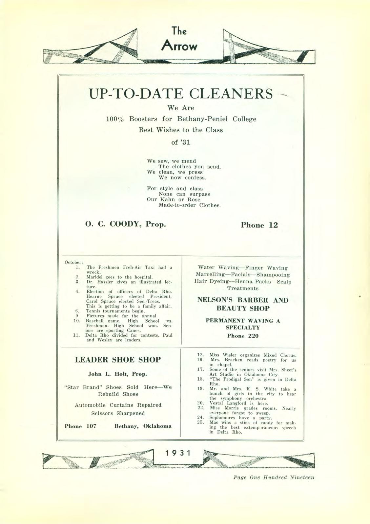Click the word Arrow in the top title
[x=179, y=46]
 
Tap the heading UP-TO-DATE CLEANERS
[x=181, y=94]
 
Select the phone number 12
[x=273, y=225]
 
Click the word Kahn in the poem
[x=167, y=199]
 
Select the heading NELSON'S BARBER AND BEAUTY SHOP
[x=243, y=304]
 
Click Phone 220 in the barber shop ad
[x=243, y=336]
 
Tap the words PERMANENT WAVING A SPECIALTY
[x=243, y=324]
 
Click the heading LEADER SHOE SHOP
[x=118, y=360]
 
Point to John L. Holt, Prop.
[x=118, y=374]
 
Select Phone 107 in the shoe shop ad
[x=80, y=426]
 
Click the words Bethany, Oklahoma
[x=143, y=426]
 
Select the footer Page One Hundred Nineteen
[x=274, y=477]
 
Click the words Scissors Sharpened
[x=118, y=413]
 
